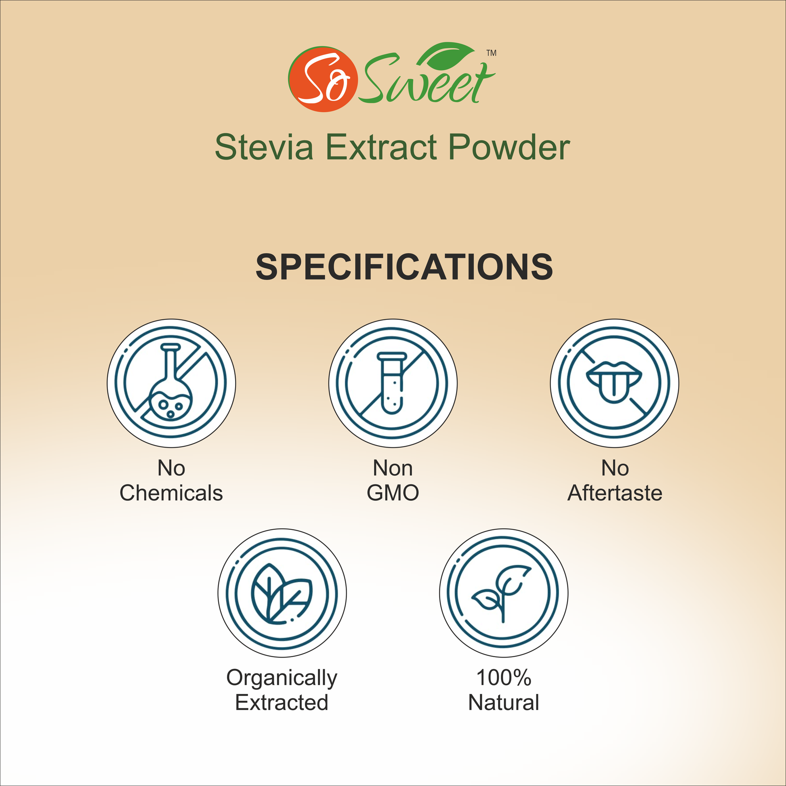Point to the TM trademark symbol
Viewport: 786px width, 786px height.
click(x=492, y=53)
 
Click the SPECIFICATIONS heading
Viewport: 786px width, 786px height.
click(x=404, y=267)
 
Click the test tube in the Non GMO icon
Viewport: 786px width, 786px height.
click(x=392, y=383)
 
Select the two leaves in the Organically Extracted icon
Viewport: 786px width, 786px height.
click(x=282, y=594)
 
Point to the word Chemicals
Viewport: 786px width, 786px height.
click(x=171, y=493)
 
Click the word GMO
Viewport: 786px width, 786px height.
click(x=393, y=493)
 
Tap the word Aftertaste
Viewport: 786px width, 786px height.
click(x=615, y=493)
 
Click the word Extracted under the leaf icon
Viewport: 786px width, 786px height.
click(x=282, y=702)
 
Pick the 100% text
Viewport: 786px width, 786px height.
click(x=504, y=678)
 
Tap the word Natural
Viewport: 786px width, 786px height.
click(x=504, y=702)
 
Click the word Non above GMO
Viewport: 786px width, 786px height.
click(x=393, y=468)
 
